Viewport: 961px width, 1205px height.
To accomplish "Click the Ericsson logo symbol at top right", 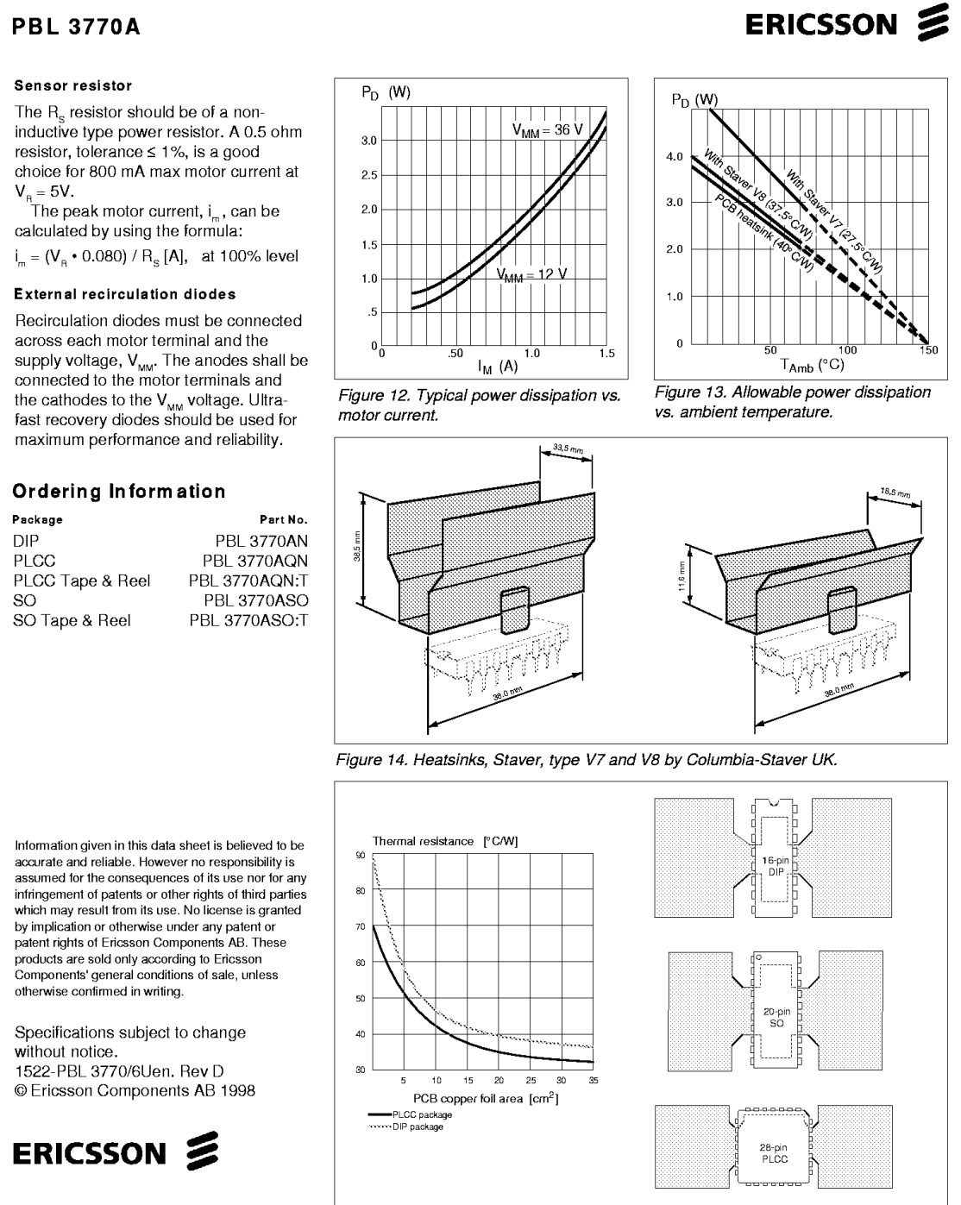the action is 933,23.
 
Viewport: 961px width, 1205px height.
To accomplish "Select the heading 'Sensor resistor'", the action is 73,85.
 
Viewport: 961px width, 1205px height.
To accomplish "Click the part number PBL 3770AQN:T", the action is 248,581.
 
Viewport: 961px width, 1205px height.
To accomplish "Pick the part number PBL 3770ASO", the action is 256,600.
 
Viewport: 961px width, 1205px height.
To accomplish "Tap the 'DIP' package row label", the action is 27,541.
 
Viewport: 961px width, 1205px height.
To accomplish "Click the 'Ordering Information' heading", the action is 119,491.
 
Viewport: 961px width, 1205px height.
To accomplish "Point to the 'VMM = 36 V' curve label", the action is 547,130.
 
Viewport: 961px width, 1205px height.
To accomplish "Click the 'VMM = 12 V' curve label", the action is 531,275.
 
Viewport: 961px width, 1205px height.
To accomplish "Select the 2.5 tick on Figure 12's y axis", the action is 368,175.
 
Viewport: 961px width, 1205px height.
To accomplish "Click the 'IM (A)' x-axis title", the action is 497,367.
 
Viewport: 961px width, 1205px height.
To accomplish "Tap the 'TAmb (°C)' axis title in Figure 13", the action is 812,366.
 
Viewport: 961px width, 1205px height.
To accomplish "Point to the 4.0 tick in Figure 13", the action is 675,157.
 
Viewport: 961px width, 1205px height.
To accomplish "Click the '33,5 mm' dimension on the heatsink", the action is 568,449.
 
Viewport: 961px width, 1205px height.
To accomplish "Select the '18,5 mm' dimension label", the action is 895,493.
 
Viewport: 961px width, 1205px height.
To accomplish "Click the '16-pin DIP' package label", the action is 776,866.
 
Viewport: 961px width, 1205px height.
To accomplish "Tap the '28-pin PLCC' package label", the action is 774,1153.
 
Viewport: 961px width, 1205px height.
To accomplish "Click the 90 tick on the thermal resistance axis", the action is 360,855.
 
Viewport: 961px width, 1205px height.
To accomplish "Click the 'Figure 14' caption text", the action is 587,760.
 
